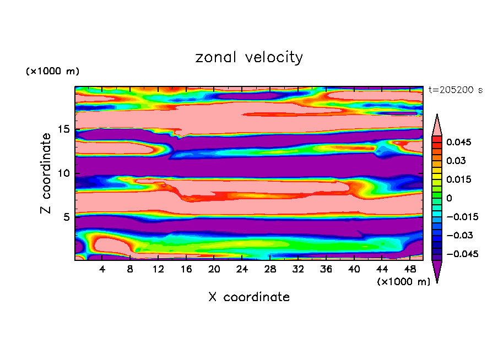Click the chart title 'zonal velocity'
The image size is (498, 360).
pyautogui.click(x=249, y=57)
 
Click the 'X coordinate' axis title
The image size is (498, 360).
pyautogui.click(x=249, y=297)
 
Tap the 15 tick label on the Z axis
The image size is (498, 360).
pyautogui.click(x=62, y=129)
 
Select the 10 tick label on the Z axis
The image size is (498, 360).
pyautogui.click(x=62, y=173)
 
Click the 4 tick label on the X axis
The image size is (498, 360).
pyautogui.click(x=102, y=270)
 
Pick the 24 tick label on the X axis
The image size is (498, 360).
pyautogui.click(x=242, y=270)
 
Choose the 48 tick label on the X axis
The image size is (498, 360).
pyautogui.click(x=409, y=270)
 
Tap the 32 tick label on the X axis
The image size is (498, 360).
pyautogui.click(x=298, y=270)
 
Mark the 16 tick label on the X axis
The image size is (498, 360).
pyautogui.click(x=186, y=270)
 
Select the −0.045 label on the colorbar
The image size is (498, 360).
pyautogui.click(x=462, y=254)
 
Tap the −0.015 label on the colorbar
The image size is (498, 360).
pyautogui.click(x=462, y=217)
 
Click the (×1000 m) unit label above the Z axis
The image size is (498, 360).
pyautogui.click(x=52, y=72)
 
